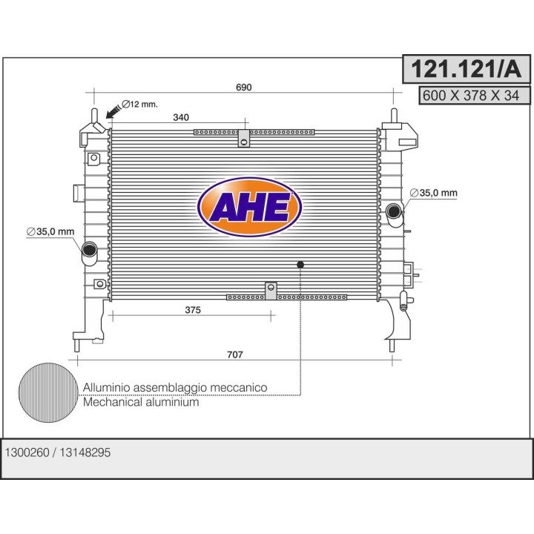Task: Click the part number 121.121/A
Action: (x=467, y=69)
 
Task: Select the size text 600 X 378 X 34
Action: (x=467, y=95)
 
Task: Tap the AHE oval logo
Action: (x=250, y=207)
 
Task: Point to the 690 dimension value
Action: (x=244, y=88)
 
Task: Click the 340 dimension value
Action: (x=180, y=116)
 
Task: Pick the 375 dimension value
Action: (x=192, y=310)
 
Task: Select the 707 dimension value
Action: (x=234, y=355)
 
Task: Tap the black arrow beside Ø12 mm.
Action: (x=113, y=111)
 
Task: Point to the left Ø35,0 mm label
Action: (x=50, y=232)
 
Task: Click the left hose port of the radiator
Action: (x=89, y=249)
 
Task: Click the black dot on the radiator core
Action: (x=300, y=264)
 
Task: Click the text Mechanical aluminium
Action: (x=141, y=403)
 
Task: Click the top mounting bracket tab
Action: (x=243, y=138)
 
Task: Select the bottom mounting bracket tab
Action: (x=271, y=290)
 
